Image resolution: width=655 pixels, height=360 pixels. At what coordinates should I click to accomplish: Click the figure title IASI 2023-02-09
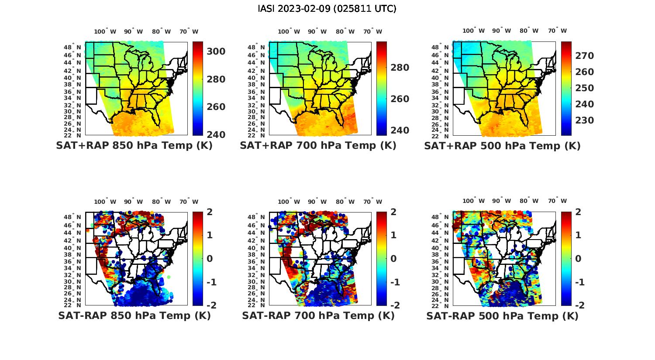click(x=327, y=9)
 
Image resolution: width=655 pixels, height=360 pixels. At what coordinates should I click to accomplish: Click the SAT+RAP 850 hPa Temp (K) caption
click(x=134, y=146)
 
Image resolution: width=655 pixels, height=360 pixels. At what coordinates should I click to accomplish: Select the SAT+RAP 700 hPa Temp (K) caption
click(x=318, y=146)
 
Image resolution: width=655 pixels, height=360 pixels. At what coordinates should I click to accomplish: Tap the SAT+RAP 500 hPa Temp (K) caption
click(x=502, y=146)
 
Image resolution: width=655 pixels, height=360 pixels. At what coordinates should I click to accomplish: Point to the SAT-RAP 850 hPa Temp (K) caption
click(x=134, y=315)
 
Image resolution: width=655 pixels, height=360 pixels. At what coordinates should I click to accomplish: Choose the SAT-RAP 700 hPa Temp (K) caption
click(x=318, y=315)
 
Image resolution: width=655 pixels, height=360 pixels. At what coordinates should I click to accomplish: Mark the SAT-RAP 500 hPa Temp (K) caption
click(x=502, y=315)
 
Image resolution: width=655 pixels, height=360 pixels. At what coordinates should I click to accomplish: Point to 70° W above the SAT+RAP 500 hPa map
click(x=558, y=31)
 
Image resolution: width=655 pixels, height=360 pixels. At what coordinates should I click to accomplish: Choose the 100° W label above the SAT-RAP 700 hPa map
click(x=289, y=202)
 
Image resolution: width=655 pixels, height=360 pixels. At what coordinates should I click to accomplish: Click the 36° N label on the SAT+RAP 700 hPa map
click(x=257, y=92)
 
